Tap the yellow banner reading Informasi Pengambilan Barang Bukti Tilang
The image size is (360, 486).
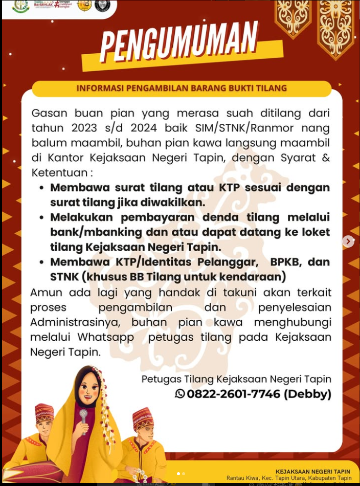[182, 88]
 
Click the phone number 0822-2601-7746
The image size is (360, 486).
[234, 394]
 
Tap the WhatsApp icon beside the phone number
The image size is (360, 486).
[180, 394]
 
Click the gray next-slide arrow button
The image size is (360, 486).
[348, 241]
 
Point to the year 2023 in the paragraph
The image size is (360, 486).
[84, 128]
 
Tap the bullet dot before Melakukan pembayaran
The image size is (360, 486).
[41, 217]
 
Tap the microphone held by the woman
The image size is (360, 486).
[83, 415]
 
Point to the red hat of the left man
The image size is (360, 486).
[44, 412]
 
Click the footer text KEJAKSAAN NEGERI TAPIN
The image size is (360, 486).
[313, 472]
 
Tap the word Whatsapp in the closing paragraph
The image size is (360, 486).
[106, 338]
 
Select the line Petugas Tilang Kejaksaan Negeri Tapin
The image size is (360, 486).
[236, 379]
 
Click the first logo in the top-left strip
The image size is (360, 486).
[20, 6]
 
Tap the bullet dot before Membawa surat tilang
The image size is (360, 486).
[41, 188]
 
